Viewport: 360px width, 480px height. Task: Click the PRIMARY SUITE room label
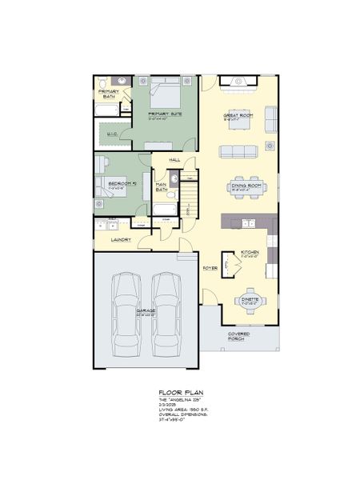(165, 114)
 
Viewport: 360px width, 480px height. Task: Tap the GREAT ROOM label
(238, 116)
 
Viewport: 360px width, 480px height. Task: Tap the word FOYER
(210, 268)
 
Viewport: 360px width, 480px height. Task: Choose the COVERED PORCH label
(238, 336)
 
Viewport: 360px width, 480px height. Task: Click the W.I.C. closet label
(113, 134)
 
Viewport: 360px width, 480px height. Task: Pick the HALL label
(174, 160)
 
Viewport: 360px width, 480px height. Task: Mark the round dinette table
(250, 300)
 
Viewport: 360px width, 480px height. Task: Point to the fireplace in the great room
(238, 81)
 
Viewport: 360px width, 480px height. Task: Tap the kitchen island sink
(247, 222)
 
